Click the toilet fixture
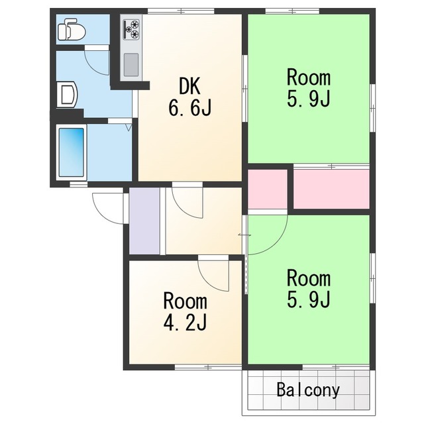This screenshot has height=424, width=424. [72, 29]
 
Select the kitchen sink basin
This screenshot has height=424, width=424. [131, 65]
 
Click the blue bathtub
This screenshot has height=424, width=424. [72, 152]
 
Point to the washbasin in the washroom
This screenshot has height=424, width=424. [67, 94]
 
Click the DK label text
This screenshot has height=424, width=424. [190, 85]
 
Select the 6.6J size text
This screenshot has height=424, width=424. [190, 107]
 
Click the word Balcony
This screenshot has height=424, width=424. [308, 390]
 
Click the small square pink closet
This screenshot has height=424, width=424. [268, 189]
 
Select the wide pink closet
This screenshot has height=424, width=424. [331, 189]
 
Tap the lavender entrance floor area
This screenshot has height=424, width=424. [144, 221]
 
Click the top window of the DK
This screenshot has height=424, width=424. [181, 11]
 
